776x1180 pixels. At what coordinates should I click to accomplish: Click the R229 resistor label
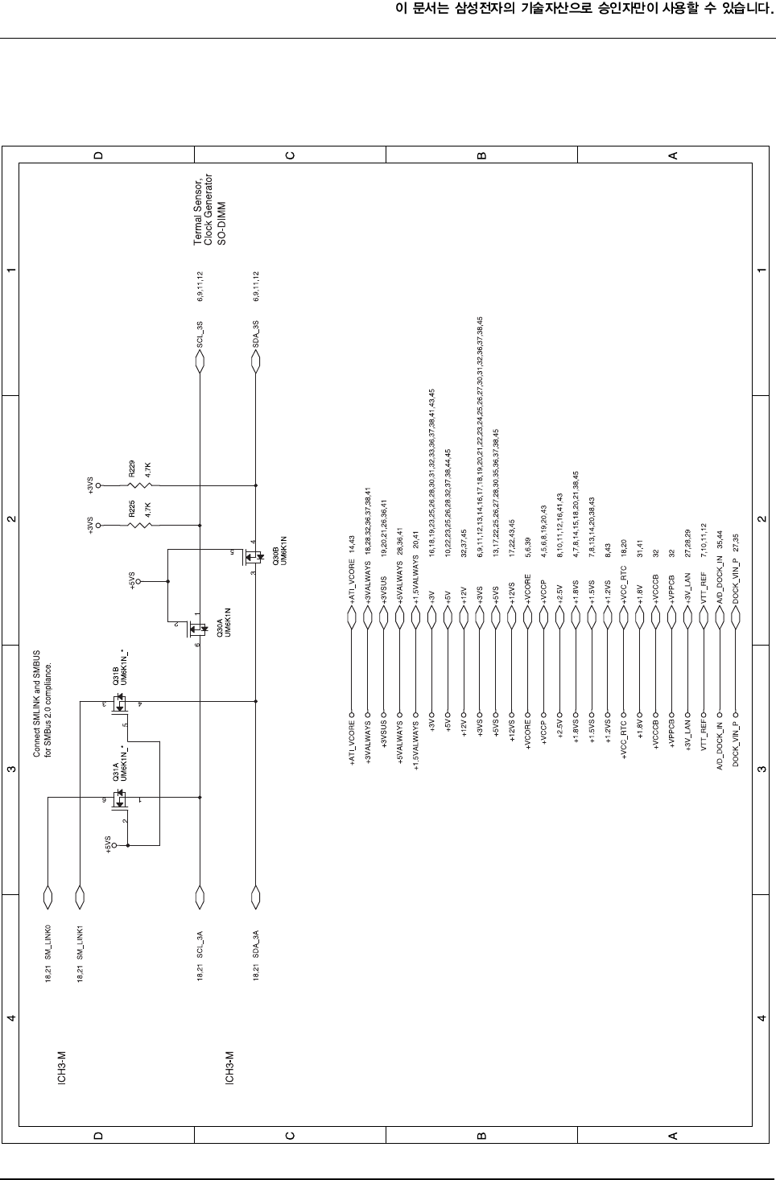click(131, 468)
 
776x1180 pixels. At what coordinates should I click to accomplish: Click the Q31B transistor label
click(116, 675)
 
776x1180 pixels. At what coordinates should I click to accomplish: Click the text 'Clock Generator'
click(208, 209)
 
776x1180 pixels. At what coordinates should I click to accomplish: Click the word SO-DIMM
click(221, 223)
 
